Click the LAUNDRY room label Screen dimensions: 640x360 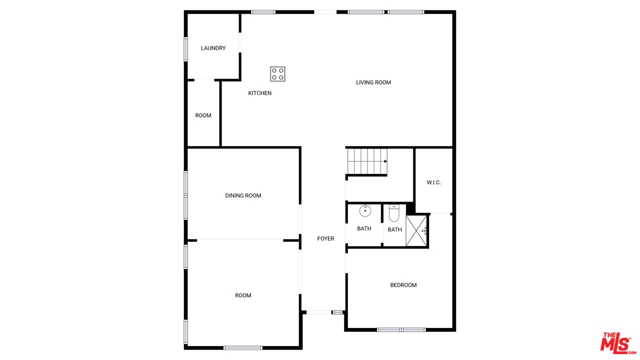tap(213, 48)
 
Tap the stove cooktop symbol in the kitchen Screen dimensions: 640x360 tap(277, 74)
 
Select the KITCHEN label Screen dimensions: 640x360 tap(259, 93)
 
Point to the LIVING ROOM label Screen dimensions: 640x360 tap(373, 82)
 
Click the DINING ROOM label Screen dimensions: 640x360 tap(243, 195)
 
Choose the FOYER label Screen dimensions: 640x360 tap(325, 238)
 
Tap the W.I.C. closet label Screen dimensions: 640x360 tap(433, 182)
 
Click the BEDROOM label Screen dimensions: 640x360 tap(403, 285)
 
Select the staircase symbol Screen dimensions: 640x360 tap(367, 161)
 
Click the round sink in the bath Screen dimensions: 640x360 tap(365, 211)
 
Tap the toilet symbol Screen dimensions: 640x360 tap(394, 213)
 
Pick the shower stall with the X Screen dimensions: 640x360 tap(416, 230)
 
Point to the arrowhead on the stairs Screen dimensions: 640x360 tap(385, 161)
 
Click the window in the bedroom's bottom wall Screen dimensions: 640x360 tap(401, 329)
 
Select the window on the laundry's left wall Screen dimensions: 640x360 tap(185, 49)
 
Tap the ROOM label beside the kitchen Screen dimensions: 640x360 tap(203, 115)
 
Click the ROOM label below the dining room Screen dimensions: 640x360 tap(243, 295)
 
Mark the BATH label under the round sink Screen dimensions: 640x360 tap(364, 228)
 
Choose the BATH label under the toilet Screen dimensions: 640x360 tap(395, 229)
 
